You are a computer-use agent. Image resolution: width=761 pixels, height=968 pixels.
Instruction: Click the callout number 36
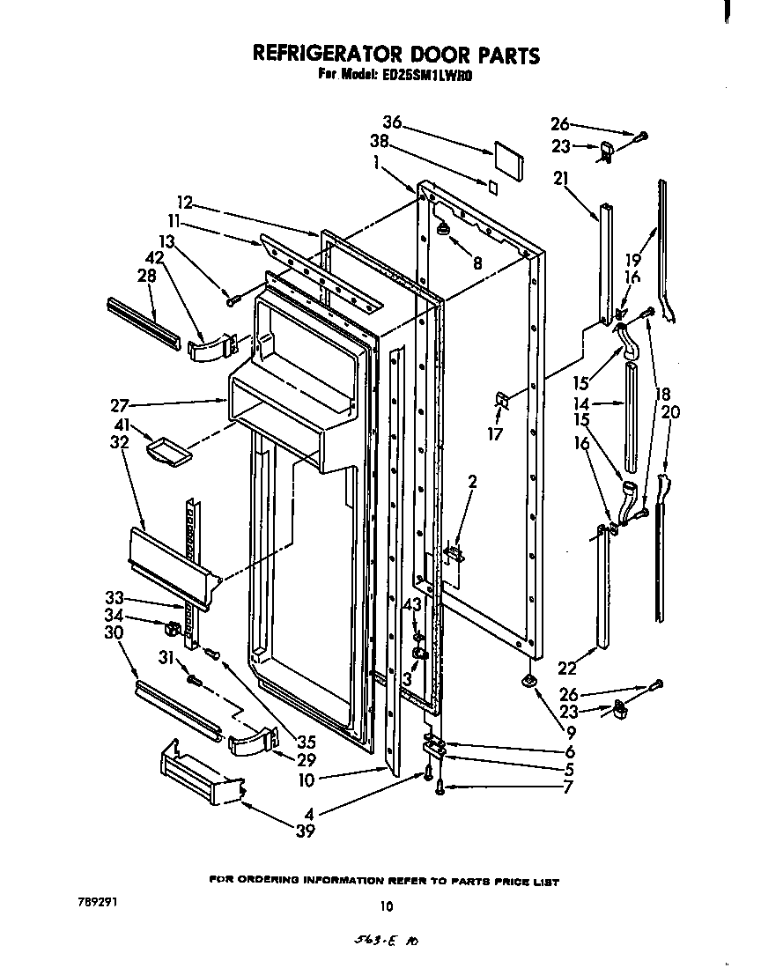393,122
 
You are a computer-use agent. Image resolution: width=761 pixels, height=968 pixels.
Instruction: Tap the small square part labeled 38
493,187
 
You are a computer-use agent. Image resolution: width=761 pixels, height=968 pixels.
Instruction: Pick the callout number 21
562,179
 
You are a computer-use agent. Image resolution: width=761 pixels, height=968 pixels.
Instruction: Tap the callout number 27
121,405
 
